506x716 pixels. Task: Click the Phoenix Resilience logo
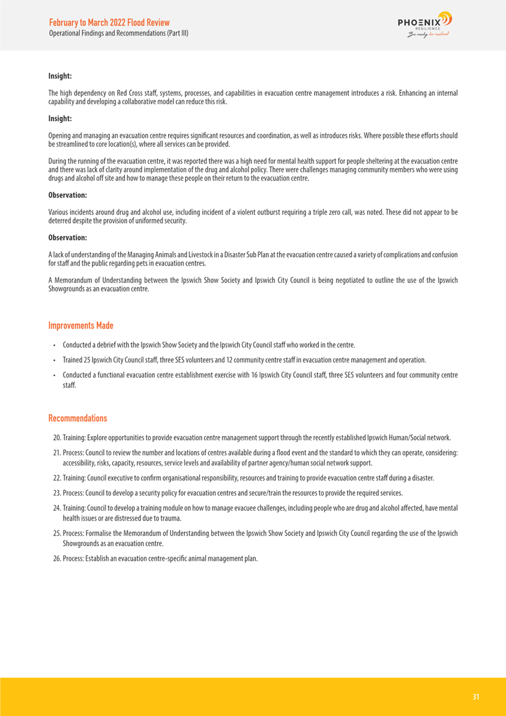point(424,25)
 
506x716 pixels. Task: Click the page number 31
point(476,697)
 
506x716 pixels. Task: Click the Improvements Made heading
point(80,326)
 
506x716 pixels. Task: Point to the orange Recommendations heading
point(77,417)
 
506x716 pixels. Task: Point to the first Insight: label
point(60,76)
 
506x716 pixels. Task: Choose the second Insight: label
point(60,119)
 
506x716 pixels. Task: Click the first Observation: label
point(67,195)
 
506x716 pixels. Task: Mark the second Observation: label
point(67,237)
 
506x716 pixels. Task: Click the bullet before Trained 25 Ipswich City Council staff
point(54,360)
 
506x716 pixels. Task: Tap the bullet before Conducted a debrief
point(54,345)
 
